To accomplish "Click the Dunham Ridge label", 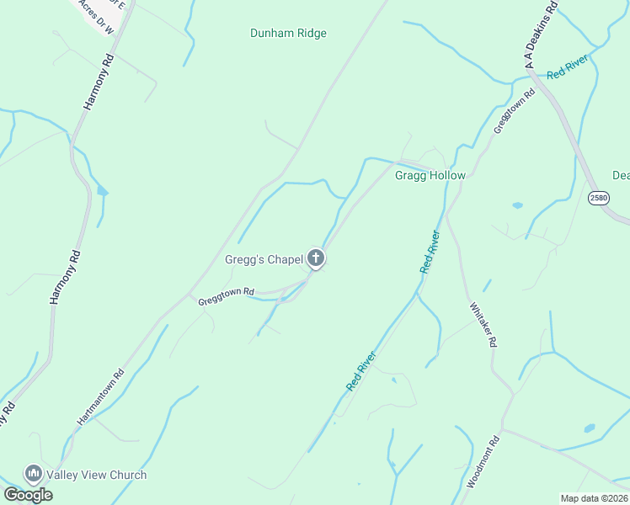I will (288, 34).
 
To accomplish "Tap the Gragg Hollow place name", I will (430, 175).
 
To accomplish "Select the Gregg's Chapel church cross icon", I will (316, 258).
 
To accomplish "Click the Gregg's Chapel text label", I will (263, 259).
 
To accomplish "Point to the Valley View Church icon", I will (34, 475).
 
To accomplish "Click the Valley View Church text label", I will (97, 475).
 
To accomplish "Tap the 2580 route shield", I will (598, 197).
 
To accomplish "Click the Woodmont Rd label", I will (483, 461).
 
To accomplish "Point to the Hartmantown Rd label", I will (101, 396).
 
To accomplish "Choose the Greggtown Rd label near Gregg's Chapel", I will (226, 295).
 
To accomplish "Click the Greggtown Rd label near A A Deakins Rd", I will (514, 111).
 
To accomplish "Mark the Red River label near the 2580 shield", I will (567, 70).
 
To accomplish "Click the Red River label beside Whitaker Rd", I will (430, 251).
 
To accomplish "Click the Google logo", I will (28, 495).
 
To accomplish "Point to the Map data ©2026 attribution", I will (595, 498).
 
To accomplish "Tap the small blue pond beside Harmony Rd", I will (102, 191).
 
